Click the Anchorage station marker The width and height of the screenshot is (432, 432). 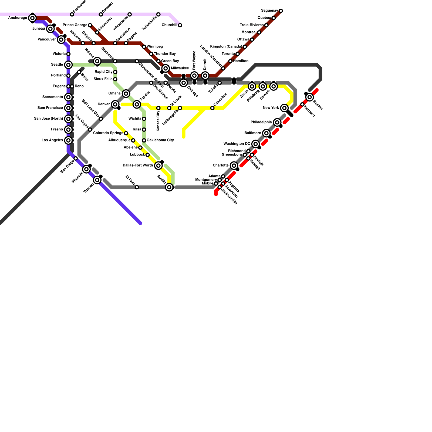click(32, 18)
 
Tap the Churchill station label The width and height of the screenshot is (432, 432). click(169, 25)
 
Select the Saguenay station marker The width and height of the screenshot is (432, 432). click(281, 11)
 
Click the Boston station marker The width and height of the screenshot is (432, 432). click(310, 97)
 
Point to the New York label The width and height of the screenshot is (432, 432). click(271, 108)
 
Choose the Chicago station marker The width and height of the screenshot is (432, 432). click(184, 83)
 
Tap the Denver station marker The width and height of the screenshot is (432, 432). click(115, 104)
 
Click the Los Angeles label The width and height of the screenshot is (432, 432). click(52, 140)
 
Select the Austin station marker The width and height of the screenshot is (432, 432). click(169, 187)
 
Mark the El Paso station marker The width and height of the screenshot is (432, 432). click(137, 187)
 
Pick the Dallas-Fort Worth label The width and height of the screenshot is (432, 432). click(138, 166)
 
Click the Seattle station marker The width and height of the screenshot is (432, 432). click(69, 65)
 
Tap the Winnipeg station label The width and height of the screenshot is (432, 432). click(155, 47)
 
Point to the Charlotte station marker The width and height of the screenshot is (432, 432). click(234, 166)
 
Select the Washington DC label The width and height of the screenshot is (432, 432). click(237, 144)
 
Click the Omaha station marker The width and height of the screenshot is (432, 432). click(126, 94)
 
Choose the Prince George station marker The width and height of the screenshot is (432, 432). click(90, 25)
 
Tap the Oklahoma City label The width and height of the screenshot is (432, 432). click(160, 140)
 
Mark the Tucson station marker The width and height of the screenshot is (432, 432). click(97, 180)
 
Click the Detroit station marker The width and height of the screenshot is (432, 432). click(205, 76)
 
